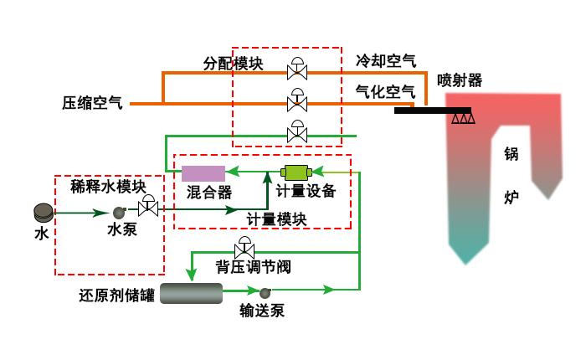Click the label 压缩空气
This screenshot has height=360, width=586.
pyautogui.click(x=92, y=104)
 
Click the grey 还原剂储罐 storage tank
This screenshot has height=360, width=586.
pyautogui.click(x=191, y=292)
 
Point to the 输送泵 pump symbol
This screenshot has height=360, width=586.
pyautogui.click(x=265, y=292)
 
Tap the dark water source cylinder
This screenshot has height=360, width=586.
pyautogui.click(x=43, y=213)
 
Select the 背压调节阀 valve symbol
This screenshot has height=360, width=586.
pyautogui.click(x=244, y=248)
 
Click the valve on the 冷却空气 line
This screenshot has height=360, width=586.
pyautogui.click(x=296, y=69)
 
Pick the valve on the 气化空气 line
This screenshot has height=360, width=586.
pyautogui.click(x=296, y=101)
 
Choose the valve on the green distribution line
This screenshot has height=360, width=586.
pyautogui.click(x=296, y=132)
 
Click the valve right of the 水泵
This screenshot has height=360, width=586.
pyautogui.click(x=149, y=206)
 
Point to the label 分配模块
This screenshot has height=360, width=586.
pyautogui.click(x=234, y=64)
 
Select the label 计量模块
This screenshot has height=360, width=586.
pyautogui.click(x=276, y=219)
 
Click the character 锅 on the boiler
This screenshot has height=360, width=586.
pyautogui.click(x=511, y=154)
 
